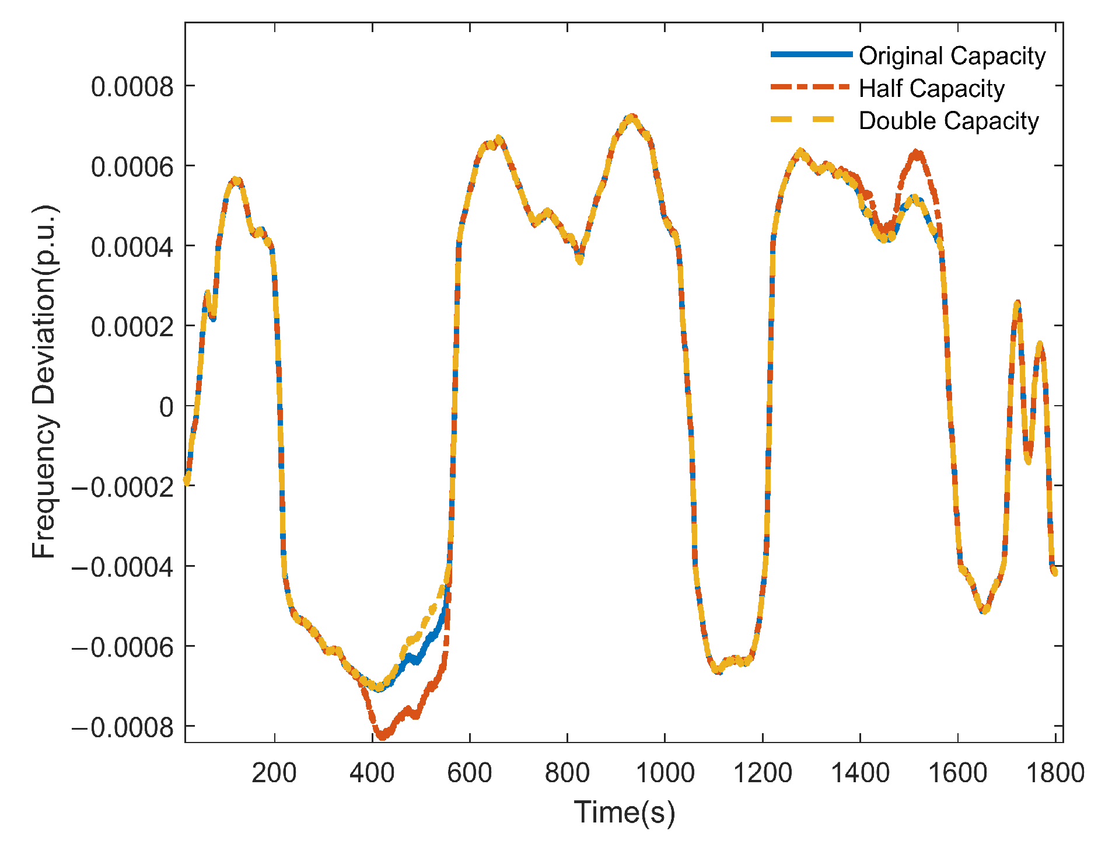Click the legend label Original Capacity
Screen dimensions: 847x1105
(x=952, y=56)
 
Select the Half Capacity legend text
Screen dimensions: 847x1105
(x=931, y=89)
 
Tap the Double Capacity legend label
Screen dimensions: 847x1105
(x=948, y=121)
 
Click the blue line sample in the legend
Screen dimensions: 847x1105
(x=811, y=54)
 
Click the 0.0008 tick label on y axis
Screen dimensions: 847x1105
(x=132, y=87)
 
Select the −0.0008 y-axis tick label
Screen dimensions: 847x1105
(x=123, y=727)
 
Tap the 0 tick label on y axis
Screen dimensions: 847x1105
(x=166, y=407)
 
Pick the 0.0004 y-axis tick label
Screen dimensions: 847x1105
(x=132, y=247)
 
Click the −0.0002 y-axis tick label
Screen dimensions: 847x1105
(x=123, y=487)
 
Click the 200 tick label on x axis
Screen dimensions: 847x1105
(x=274, y=773)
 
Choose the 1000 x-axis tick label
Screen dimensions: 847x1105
(x=665, y=773)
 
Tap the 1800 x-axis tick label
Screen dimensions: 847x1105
(x=1054, y=773)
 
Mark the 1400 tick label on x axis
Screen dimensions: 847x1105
(x=860, y=773)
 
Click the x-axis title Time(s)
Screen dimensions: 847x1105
(x=624, y=812)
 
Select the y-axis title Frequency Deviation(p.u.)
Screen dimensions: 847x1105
(x=44, y=382)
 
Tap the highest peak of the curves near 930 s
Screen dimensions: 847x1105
(x=631, y=118)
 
